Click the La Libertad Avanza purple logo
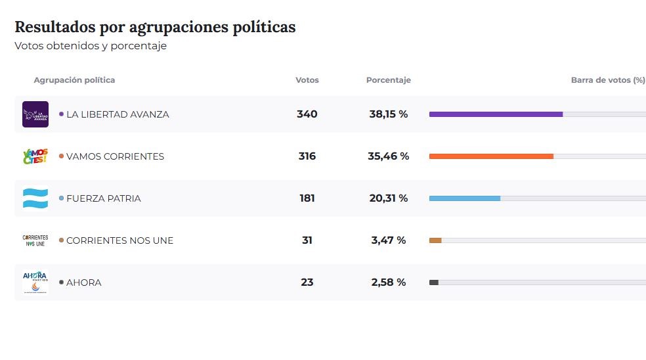pyautogui.click(x=35, y=114)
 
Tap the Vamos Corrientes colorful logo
pyautogui.click(x=35, y=156)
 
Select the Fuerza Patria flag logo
pyautogui.click(x=35, y=198)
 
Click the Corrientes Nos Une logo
pyautogui.click(x=35, y=240)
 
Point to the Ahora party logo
pyautogui.click(x=35, y=282)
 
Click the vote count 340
pyautogui.click(x=307, y=114)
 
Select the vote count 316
pyautogui.click(x=307, y=156)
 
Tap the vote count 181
pyautogui.click(x=307, y=198)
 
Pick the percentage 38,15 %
pyautogui.click(x=388, y=114)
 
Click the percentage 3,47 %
pyautogui.click(x=388, y=240)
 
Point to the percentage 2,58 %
pyautogui.click(x=388, y=282)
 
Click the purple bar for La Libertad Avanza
pyautogui.click(x=496, y=114)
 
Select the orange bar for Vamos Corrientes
pyautogui.click(x=491, y=156)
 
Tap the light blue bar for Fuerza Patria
pyautogui.click(x=465, y=198)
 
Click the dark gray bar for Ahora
pyautogui.click(x=434, y=282)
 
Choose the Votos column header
pyautogui.click(x=307, y=80)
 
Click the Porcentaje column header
pyautogui.click(x=388, y=80)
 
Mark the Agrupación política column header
pyautogui.click(x=74, y=80)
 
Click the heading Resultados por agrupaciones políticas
pyautogui.click(x=155, y=27)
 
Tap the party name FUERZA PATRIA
pyautogui.click(x=103, y=198)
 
